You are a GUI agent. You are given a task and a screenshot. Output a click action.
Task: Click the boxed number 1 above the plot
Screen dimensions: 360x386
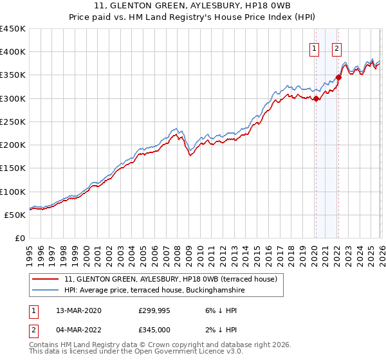click(x=315, y=48)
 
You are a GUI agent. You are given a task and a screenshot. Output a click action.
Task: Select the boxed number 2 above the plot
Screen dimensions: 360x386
click(x=337, y=48)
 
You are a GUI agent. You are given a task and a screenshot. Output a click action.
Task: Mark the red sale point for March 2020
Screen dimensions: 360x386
click(x=316, y=98)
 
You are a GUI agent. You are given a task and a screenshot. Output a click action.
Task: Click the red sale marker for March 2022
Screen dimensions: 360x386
click(x=338, y=78)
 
